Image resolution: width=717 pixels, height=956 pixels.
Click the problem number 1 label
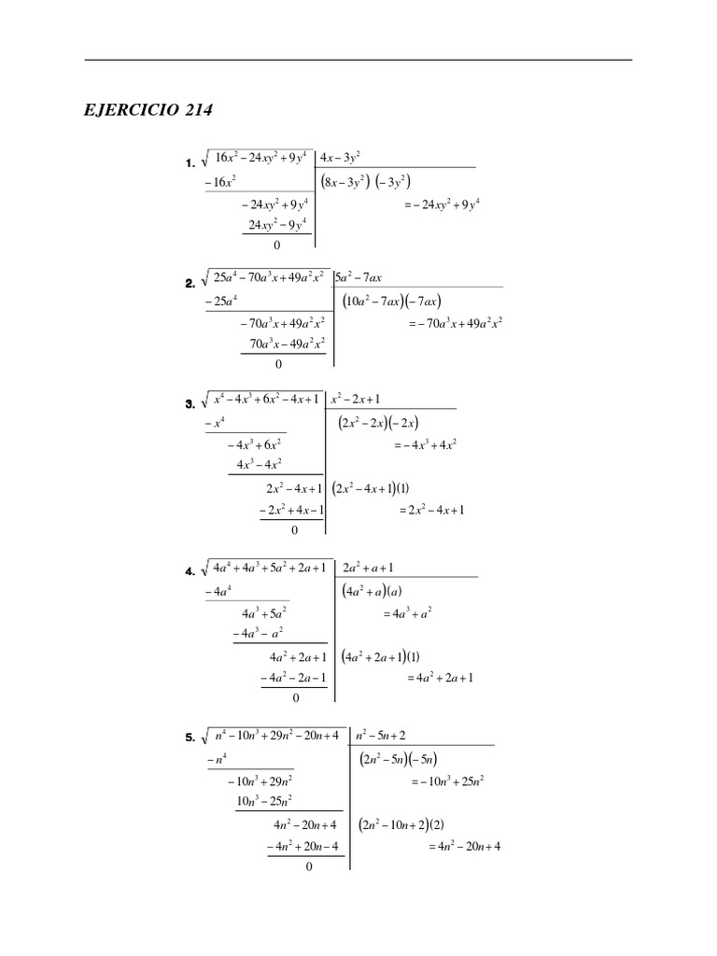[190, 163]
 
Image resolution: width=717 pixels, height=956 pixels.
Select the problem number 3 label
[190, 404]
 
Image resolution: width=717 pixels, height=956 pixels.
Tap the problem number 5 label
[190, 738]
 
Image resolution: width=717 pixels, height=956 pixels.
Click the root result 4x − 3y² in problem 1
[340, 156]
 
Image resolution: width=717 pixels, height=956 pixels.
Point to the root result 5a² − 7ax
[358, 276]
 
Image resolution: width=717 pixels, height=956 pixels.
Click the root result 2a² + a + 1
[368, 567]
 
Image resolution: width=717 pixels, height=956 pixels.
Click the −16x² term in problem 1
[220, 183]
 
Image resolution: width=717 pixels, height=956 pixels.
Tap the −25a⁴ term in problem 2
[221, 302]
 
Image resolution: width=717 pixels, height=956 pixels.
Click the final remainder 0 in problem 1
[277, 246]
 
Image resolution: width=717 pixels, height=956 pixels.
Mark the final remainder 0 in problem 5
[309, 866]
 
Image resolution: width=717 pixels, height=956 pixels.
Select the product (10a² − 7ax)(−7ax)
[391, 301]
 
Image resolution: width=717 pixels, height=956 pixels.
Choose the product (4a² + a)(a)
[372, 591]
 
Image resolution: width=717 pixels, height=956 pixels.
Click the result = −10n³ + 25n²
[446, 781]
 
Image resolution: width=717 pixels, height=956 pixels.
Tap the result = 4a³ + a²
[406, 614]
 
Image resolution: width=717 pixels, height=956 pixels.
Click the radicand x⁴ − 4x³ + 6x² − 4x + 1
[266, 399]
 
